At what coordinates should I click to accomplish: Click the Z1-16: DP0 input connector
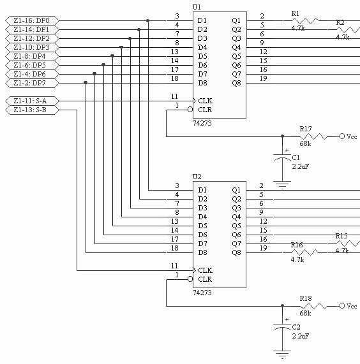pyautogui.click(x=32, y=20)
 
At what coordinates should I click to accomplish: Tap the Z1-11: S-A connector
pyautogui.click(x=32, y=101)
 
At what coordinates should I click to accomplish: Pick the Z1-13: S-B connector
pyautogui.click(x=32, y=110)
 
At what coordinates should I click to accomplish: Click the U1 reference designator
pyautogui.click(x=197, y=7)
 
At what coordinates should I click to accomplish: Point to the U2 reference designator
pyautogui.click(x=197, y=177)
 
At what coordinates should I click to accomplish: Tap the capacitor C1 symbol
pyautogui.click(x=282, y=156)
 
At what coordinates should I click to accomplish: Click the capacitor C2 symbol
pyautogui.click(x=282, y=326)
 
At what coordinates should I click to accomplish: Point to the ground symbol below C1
pyautogui.click(x=282, y=185)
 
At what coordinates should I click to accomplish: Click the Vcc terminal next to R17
pyautogui.click(x=342, y=136)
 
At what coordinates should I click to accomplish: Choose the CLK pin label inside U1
pyautogui.click(x=206, y=101)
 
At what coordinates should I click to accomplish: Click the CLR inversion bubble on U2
pyautogui.click(x=190, y=279)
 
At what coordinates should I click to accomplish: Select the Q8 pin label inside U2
pyautogui.click(x=236, y=252)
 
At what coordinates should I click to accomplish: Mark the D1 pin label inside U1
pyautogui.click(x=202, y=20)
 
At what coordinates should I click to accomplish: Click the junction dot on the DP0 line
pyautogui.click(x=148, y=20)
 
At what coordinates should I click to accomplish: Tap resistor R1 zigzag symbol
pyautogui.click(x=305, y=20)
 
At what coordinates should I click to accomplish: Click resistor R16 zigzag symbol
pyautogui.click(x=304, y=252)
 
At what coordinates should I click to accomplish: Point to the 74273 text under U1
pyautogui.click(x=202, y=123)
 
